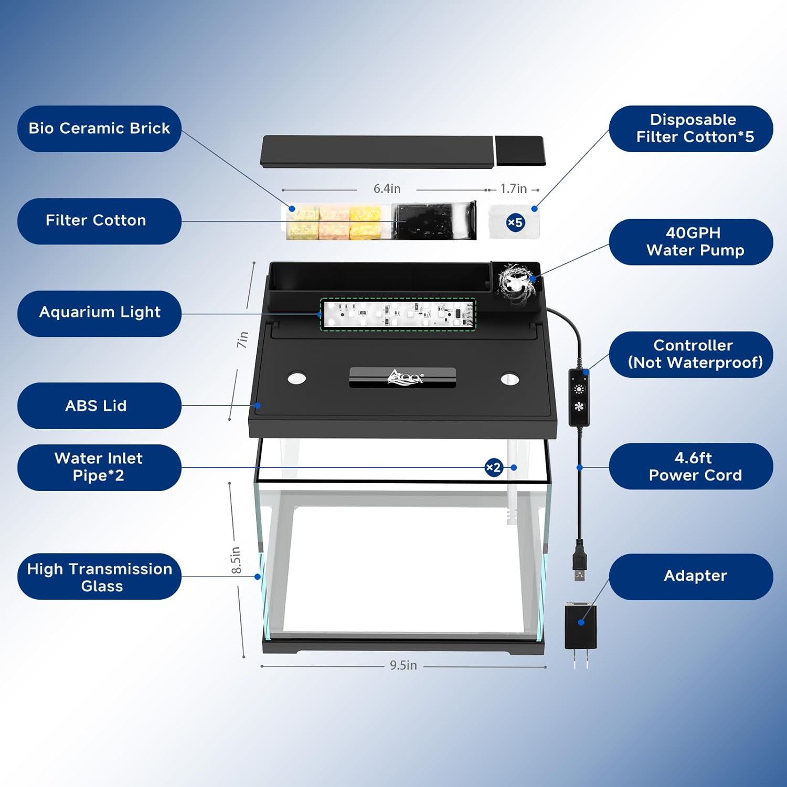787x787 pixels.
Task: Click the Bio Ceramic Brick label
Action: point(99,129)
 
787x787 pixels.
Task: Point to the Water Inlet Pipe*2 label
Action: point(99,467)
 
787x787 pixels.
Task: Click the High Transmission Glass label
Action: point(99,577)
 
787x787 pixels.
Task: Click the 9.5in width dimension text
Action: point(403,665)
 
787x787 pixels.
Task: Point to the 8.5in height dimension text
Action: point(236,560)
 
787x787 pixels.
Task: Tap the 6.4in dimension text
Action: point(387,189)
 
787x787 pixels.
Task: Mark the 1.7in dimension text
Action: point(513,189)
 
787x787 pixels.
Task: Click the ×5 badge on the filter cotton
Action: point(515,222)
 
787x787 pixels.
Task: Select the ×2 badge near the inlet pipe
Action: point(494,467)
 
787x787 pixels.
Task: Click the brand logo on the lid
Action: point(405,377)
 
